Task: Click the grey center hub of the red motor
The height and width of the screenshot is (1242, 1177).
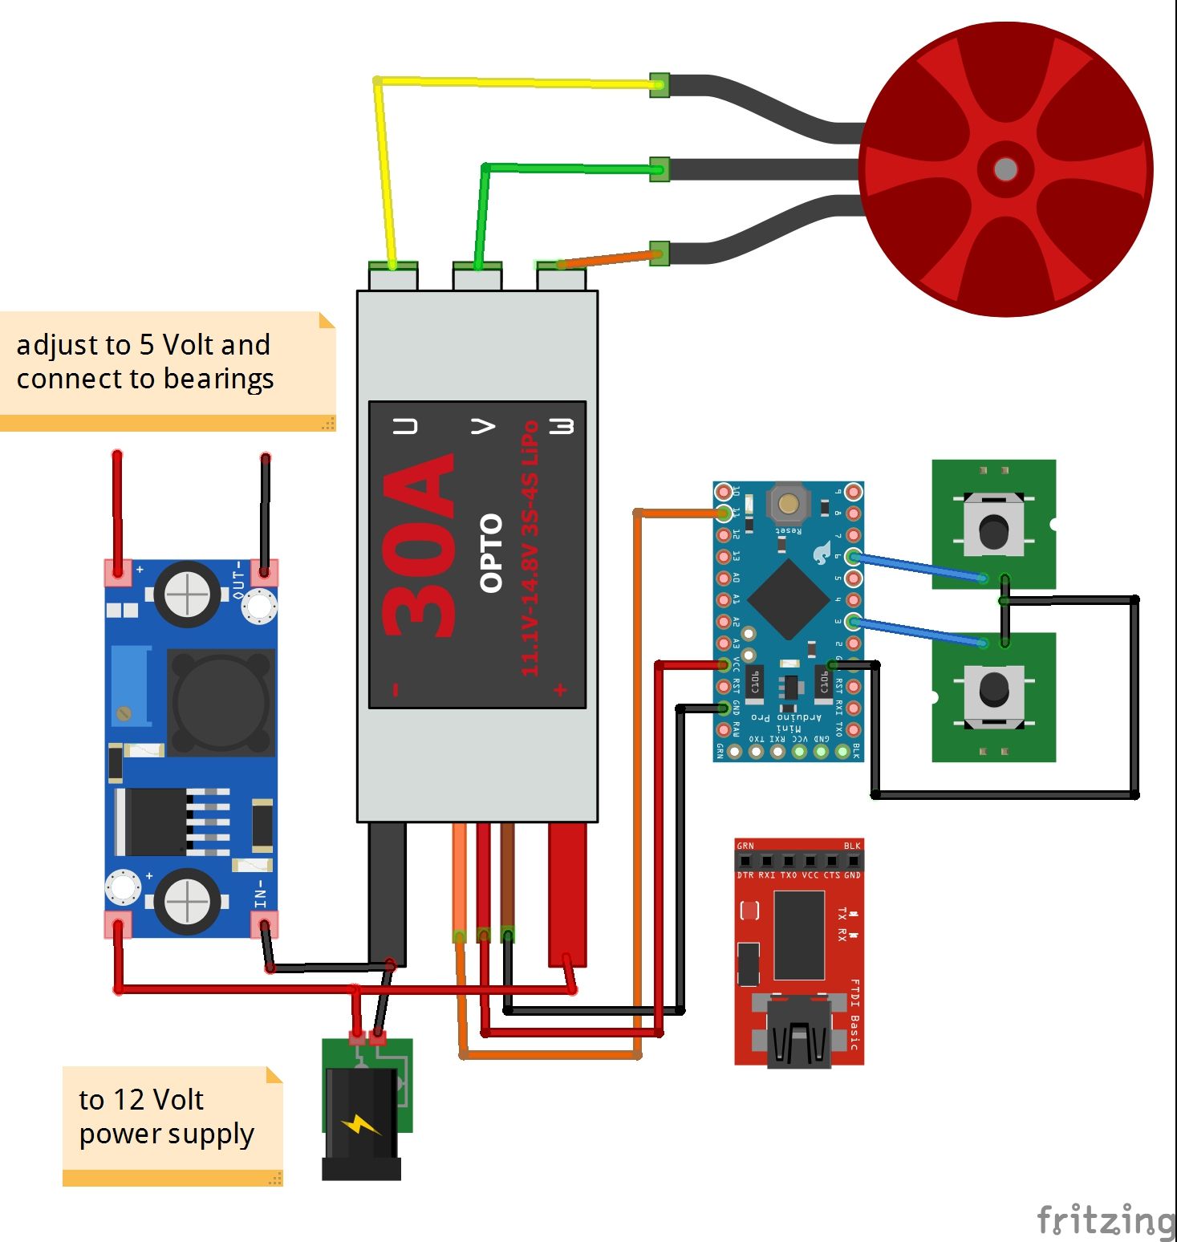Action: click(x=1005, y=169)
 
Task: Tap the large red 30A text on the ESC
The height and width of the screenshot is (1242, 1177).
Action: click(x=419, y=546)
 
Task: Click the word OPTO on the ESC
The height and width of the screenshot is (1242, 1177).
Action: click(x=490, y=553)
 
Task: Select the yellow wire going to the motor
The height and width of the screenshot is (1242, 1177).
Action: click(x=513, y=82)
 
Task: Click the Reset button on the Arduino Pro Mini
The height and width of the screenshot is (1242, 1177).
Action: click(x=788, y=503)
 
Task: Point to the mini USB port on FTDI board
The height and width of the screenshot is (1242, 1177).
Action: click(x=798, y=1035)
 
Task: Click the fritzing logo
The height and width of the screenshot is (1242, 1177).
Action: click(x=1105, y=1220)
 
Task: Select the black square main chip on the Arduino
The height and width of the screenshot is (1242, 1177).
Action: click(x=789, y=599)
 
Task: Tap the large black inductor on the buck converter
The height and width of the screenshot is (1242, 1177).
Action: click(x=220, y=703)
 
